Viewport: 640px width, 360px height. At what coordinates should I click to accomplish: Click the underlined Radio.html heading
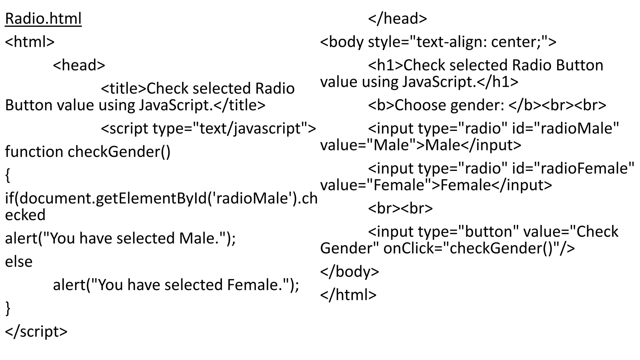(x=43, y=19)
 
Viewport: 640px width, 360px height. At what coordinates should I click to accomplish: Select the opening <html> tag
(x=30, y=42)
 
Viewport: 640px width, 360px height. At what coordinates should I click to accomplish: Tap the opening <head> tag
(x=79, y=65)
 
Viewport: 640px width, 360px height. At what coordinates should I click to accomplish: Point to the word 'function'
(x=34, y=152)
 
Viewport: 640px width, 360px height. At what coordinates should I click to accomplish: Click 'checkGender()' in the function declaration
(x=119, y=152)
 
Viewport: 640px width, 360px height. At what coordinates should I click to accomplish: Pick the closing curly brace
(x=8, y=308)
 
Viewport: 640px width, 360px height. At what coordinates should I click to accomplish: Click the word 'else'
(x=19, y=262)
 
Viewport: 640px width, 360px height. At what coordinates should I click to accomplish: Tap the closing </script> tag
(x=36, y=332)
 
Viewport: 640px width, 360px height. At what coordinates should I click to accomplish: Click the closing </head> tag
(x=397, y=19)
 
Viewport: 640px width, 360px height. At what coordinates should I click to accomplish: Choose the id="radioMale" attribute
(x=565, y=128)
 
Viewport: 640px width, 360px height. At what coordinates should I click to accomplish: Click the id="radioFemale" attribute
(x=573, y=168)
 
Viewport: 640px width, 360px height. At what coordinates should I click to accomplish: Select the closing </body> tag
(x=349, y=271)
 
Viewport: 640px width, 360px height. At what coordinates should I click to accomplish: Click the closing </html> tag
(x=348, y=295)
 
